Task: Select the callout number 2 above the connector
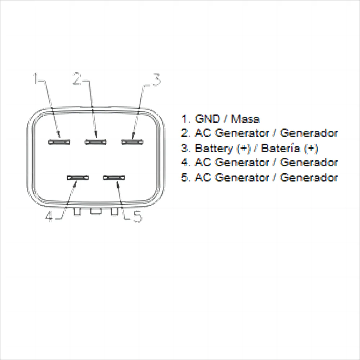(77, 78)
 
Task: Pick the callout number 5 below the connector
(137, 216)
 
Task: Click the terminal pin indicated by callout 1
(59, 141)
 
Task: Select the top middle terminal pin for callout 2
(96, 141)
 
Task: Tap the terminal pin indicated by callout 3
(132, 141)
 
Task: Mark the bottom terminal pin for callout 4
(77, 178)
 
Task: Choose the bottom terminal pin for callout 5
(114, 178)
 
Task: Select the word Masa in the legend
(245, 119)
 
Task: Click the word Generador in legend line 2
(309, 133)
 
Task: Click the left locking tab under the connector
(77, 212)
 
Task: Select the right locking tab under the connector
(114, 212)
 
